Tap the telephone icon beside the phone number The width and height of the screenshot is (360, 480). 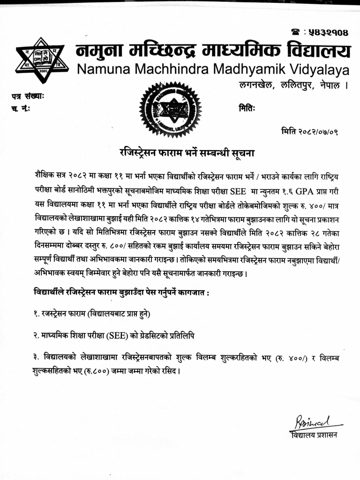pos(296,32)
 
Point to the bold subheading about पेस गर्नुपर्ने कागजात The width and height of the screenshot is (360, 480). pos(121,292)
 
